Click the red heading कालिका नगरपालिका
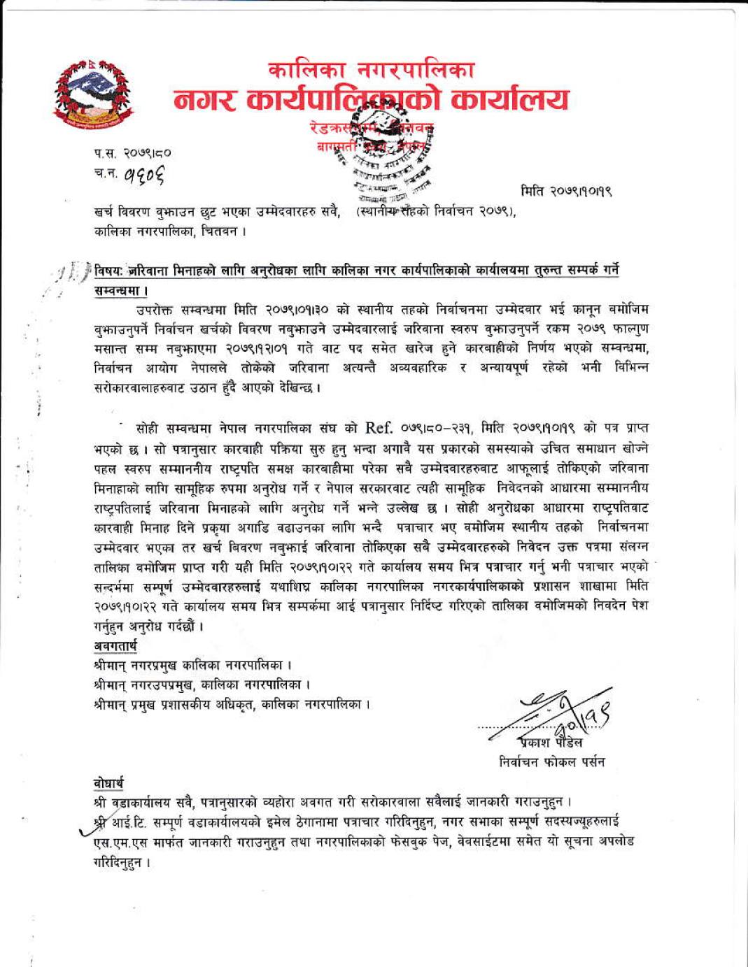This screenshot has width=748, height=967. [x=372, y=71]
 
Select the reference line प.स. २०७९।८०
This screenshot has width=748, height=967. [x=132, y=152]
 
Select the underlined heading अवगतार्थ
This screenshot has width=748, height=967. [x=115, y=645]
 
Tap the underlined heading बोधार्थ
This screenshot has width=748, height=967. [x=109, y=782]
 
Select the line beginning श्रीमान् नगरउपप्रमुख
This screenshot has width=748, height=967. [x=202, y=684]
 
